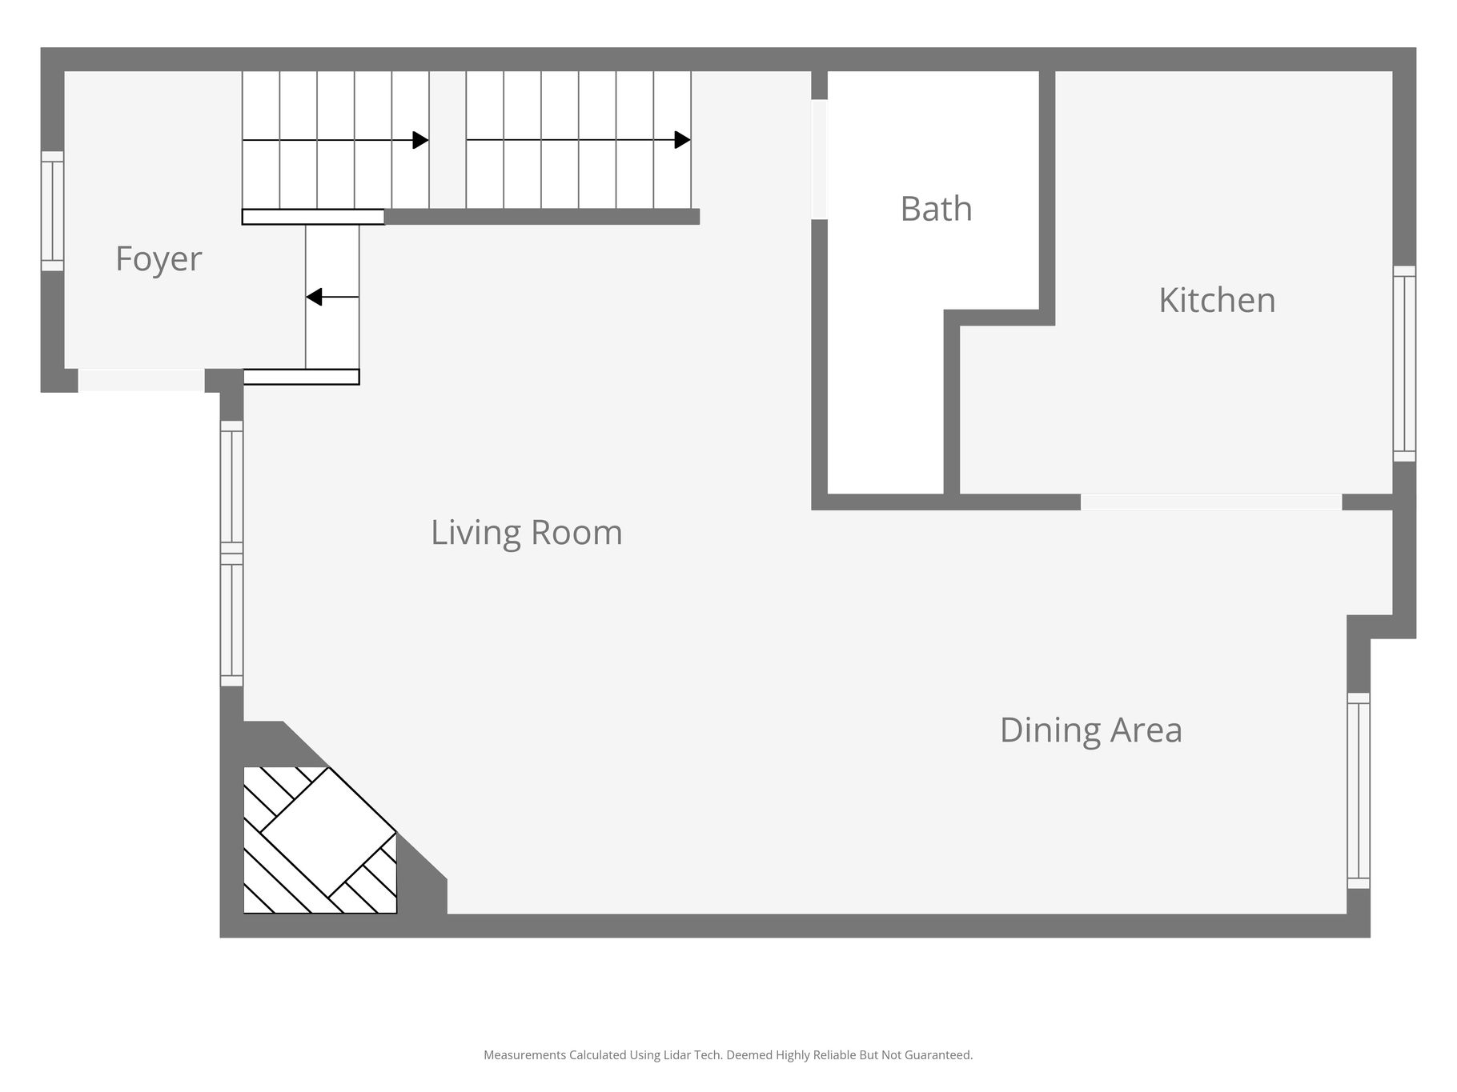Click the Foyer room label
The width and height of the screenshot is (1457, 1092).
coord(159,259)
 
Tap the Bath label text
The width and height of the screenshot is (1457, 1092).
coord(936,209)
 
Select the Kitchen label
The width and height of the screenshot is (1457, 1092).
coord(1217,300)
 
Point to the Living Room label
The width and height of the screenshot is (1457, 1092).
coord(527,533)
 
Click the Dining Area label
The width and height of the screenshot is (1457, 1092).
coord(1091,730)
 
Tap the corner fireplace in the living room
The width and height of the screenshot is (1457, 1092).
coord(320,840)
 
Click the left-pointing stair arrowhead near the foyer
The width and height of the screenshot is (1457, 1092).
coord(314,297)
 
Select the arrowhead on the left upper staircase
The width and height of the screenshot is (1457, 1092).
coord(420,140)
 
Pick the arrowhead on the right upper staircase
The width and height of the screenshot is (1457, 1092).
coord(682,140)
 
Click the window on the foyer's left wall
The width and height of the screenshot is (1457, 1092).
coord(52,211)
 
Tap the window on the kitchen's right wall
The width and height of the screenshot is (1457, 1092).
coord(1404,363)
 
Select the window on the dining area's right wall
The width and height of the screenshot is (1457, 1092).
coord(1359,790)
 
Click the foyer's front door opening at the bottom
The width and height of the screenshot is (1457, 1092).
coord(142,380)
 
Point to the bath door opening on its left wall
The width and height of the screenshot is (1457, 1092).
coord(819,159)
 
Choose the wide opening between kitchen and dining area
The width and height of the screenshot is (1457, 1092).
coord(1211,502)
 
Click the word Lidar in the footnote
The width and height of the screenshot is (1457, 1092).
coord(677,1055)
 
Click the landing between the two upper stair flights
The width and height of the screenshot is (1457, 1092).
coord(448,140)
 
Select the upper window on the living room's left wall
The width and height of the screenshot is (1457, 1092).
coord(231,486)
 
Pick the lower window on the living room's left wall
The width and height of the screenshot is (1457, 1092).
coord(231,620)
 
